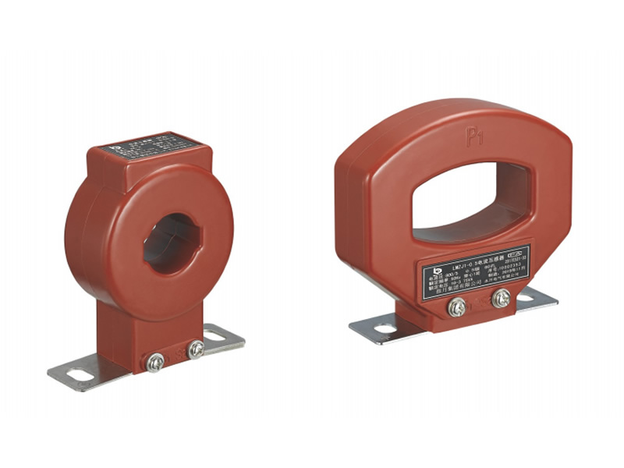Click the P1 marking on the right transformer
point(476,141)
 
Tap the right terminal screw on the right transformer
point(501,298)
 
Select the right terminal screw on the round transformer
point(196,349)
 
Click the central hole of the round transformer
point(173,244)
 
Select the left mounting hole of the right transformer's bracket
point(385,329)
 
